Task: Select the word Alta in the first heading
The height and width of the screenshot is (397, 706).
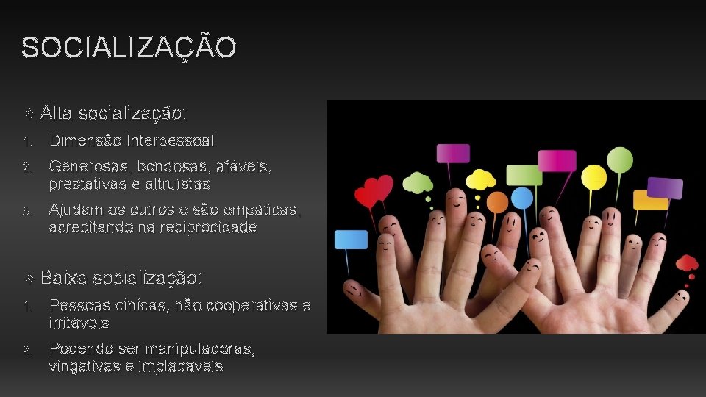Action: point(57,113)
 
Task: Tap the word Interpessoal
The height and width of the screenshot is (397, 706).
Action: point(171,140)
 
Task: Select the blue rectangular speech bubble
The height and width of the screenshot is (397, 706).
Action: point(351,240)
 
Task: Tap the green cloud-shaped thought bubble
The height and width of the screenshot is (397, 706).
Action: point(418,182)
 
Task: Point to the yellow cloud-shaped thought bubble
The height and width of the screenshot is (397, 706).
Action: point(481,179)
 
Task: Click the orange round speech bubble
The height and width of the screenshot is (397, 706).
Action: point(498,202)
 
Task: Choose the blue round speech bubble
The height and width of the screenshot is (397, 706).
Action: point(521,198)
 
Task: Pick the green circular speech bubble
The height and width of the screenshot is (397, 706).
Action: point(620,160)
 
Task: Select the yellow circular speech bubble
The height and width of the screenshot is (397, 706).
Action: point(593,177)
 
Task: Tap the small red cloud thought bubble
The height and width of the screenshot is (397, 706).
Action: point(687,263)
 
